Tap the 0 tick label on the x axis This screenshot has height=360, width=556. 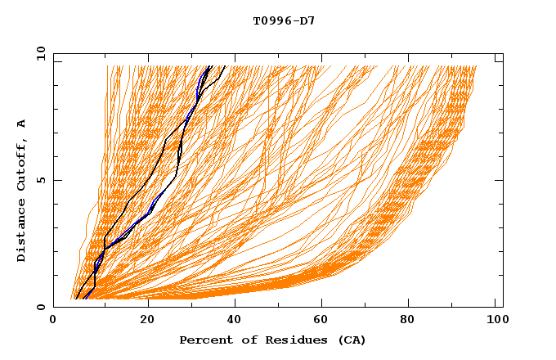54,322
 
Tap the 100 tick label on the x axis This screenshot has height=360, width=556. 496,322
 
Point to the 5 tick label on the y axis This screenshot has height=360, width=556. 41,180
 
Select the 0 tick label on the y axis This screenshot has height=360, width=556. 41,307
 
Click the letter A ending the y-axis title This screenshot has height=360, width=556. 22,124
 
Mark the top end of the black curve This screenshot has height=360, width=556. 226,66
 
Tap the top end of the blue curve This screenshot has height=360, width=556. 209,66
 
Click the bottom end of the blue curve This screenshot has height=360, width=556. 84,299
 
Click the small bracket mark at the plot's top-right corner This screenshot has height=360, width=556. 498,59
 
